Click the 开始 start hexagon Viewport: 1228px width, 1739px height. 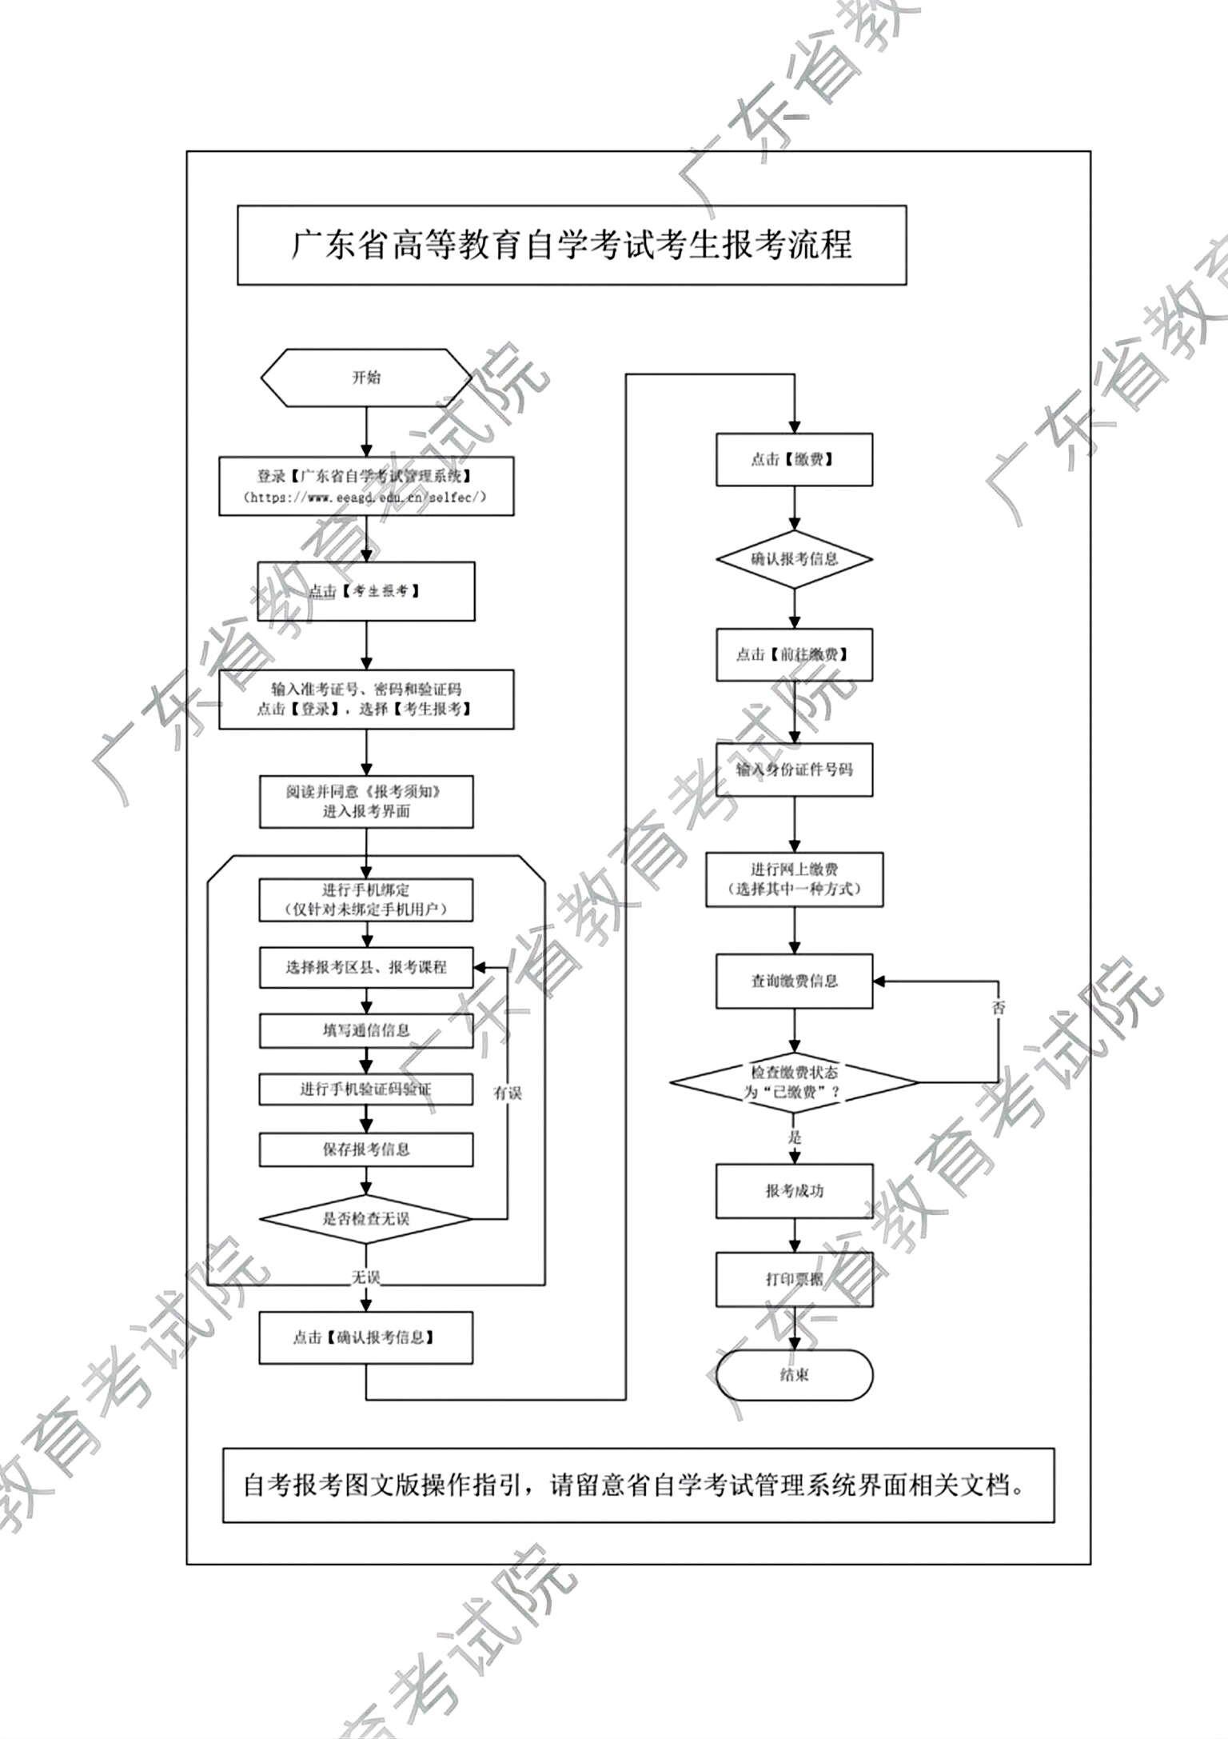366,378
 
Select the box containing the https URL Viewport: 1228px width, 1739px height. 366,486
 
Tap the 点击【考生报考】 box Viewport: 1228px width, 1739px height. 366,591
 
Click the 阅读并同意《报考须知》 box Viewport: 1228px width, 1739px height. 366,802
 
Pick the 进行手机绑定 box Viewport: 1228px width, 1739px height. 366,900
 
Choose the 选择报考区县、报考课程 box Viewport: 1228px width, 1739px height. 366,967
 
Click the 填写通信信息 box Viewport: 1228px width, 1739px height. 366,1030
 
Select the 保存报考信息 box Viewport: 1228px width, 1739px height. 366,1149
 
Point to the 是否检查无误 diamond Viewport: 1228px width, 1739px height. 366,1219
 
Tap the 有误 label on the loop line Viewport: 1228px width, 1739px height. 508,1093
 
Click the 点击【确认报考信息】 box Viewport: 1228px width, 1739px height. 366,1337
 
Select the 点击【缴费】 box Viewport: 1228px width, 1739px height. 794,459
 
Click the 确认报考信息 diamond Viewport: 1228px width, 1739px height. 794,559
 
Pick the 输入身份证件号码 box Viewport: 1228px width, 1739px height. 794,770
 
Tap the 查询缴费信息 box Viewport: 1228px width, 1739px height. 794,981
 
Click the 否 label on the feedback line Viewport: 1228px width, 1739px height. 999,1008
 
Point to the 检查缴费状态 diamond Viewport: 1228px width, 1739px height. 794,1082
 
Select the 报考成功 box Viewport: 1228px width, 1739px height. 794,1191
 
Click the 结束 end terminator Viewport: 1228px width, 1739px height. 794,1375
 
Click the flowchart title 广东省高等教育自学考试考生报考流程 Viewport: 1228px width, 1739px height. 572,245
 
